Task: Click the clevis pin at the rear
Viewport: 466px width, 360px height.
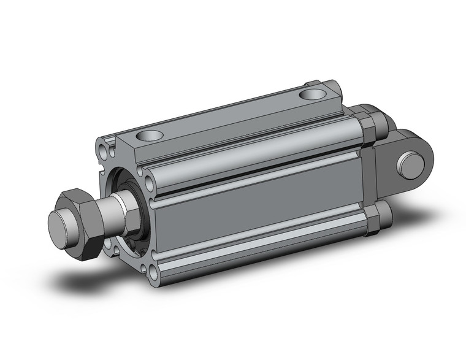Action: tap(412, 166)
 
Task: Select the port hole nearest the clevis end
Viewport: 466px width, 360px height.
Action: tap(313, 94)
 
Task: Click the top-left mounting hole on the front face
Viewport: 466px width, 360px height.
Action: tap(100, 148)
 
